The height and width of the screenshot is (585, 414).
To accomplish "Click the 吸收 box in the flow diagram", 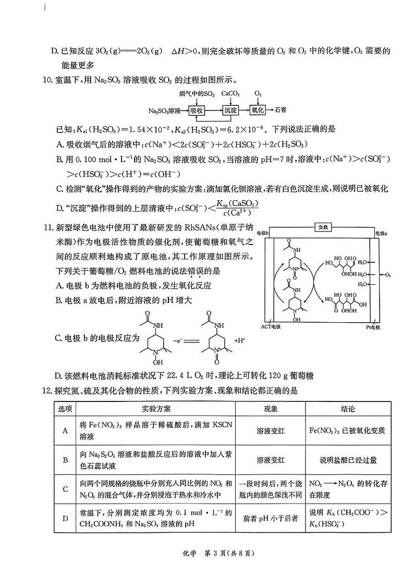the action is click(x=197, y=111).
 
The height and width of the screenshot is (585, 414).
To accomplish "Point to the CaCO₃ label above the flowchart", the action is click(x=230, y=94).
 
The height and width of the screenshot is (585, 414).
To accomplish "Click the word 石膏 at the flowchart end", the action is click(x=281, y=111).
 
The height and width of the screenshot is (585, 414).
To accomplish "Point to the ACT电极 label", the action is click(x=271, y=326).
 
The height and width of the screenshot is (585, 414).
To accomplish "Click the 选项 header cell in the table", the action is click(x=66, y=409).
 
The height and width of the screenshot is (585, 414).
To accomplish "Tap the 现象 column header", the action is click(x=271, y=409).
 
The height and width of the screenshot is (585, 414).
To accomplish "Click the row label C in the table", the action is click(x=66, y=489).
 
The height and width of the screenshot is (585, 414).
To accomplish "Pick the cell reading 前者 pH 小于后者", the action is click(x=271, y=518).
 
